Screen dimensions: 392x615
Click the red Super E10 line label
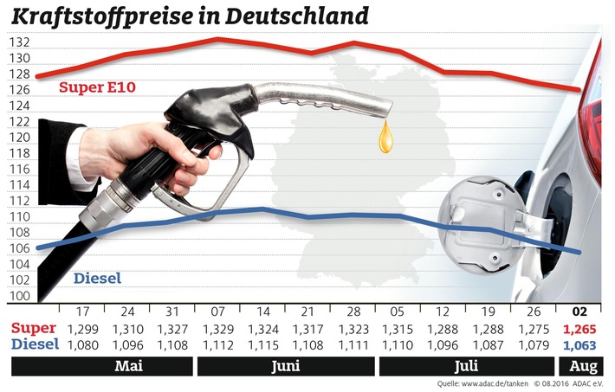pos(94,87)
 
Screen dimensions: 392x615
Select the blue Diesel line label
pos(97,279)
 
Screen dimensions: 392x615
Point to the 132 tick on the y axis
pos(21,42)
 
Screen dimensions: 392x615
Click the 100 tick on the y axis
pos(21,296)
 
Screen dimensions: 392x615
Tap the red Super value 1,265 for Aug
pos(578,329)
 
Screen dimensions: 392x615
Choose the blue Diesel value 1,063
pos(578,344)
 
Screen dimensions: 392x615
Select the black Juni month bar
pos(285,366)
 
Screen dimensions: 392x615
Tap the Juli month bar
pos(464,366)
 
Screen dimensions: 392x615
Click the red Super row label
pos(35,329)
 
